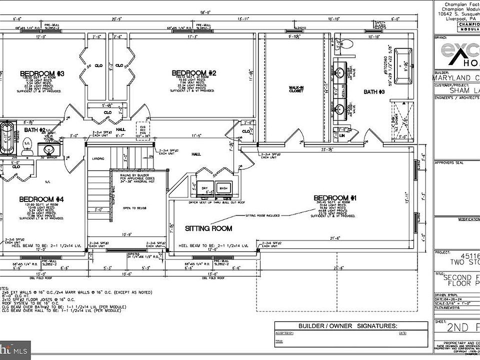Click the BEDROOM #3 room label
[x=42, y=74]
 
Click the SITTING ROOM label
[x=208, y=228]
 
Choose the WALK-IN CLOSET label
[x=296, y=89]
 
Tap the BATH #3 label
[x=373, y=91]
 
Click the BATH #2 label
[x=35, y=130]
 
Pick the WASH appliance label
[x=223, y=188]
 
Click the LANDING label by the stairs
[x=98, y=158]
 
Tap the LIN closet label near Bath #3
[x=342, y=135]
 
